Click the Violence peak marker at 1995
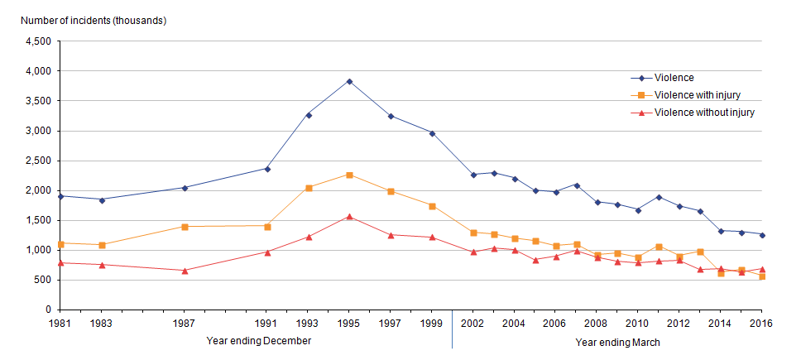coord(349,81)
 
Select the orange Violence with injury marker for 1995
coord(349,175)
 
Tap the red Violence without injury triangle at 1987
coord(185,270)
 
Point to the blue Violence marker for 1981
coord(61,196)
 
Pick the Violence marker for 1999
coord(432,133)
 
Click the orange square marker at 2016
coord(761,276)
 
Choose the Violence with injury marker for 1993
coord(309,188)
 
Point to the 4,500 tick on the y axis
coord(38,41)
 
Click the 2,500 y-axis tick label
coord(38,161)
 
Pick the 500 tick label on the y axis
coord(43,280)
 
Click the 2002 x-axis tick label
coord(473,324)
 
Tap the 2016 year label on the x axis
coord(761,324)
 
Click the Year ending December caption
coord(258,341)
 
